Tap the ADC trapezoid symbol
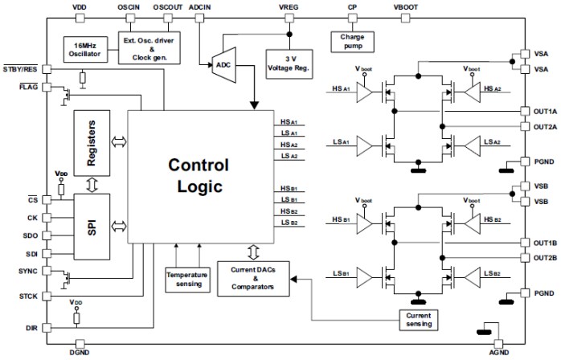(x=223, y=61)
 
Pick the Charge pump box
(x=352, y=39)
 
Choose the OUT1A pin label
(x=543, y=111)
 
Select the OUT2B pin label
(x=543, y=258)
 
